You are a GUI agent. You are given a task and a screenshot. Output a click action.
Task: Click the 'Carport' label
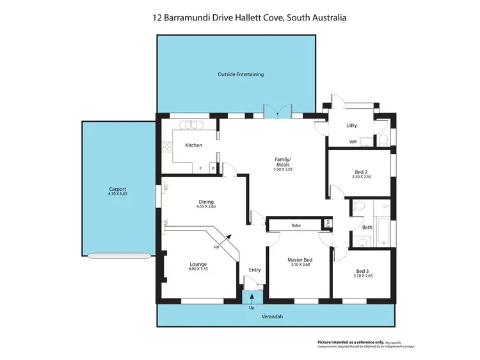pos(117,189)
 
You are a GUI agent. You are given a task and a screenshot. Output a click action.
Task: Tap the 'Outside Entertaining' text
pos(240,74)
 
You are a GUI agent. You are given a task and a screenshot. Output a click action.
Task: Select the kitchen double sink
pos(190,125)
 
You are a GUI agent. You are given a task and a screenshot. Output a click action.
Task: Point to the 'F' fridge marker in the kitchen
pos(200,169)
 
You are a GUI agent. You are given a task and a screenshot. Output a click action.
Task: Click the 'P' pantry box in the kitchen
pos(213,169)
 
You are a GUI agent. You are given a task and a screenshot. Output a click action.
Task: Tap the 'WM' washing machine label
pos(353,142)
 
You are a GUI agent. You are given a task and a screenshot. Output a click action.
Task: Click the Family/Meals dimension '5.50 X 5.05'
pos(283,169)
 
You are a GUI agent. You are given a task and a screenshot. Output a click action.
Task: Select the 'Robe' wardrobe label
pos(296,225)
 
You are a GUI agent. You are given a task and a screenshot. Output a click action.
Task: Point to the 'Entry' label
pos(255,270)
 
